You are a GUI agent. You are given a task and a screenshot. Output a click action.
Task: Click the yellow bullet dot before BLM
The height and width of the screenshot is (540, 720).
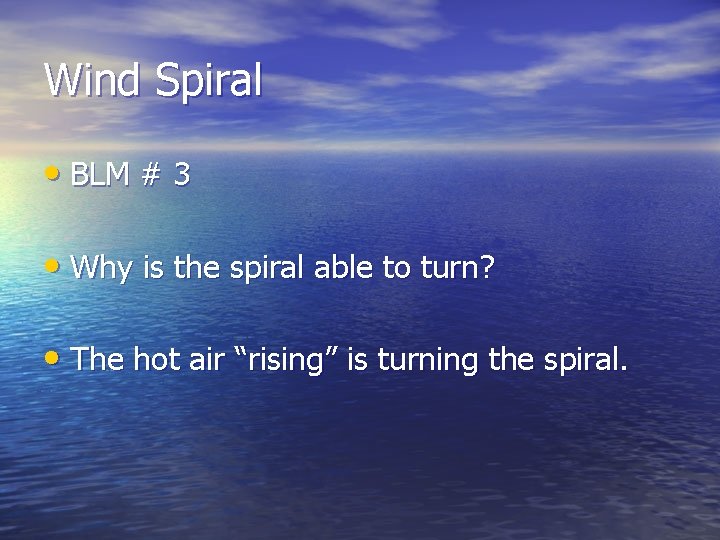pos(53,172)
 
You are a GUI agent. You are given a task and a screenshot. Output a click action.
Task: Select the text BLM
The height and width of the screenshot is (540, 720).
pos(101,176)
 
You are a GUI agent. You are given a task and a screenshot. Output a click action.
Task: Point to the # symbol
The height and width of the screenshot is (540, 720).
pos(150,176)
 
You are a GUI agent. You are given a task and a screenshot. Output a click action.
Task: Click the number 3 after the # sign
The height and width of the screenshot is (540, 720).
pos(181,176)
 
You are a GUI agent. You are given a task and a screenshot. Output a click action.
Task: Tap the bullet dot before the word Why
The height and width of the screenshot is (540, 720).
pos(53,265)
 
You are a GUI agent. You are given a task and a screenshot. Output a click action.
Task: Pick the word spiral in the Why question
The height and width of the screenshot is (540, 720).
pos(257,269)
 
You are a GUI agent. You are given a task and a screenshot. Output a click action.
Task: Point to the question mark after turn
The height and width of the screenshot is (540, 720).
pos(487,267)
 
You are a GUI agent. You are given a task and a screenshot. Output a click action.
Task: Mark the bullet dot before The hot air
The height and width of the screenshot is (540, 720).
pos(53,356)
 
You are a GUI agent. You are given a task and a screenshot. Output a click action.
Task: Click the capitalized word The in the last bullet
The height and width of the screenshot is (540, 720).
pos(98,359)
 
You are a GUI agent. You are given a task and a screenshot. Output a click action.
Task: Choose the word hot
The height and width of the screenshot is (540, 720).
pos(155,359)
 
